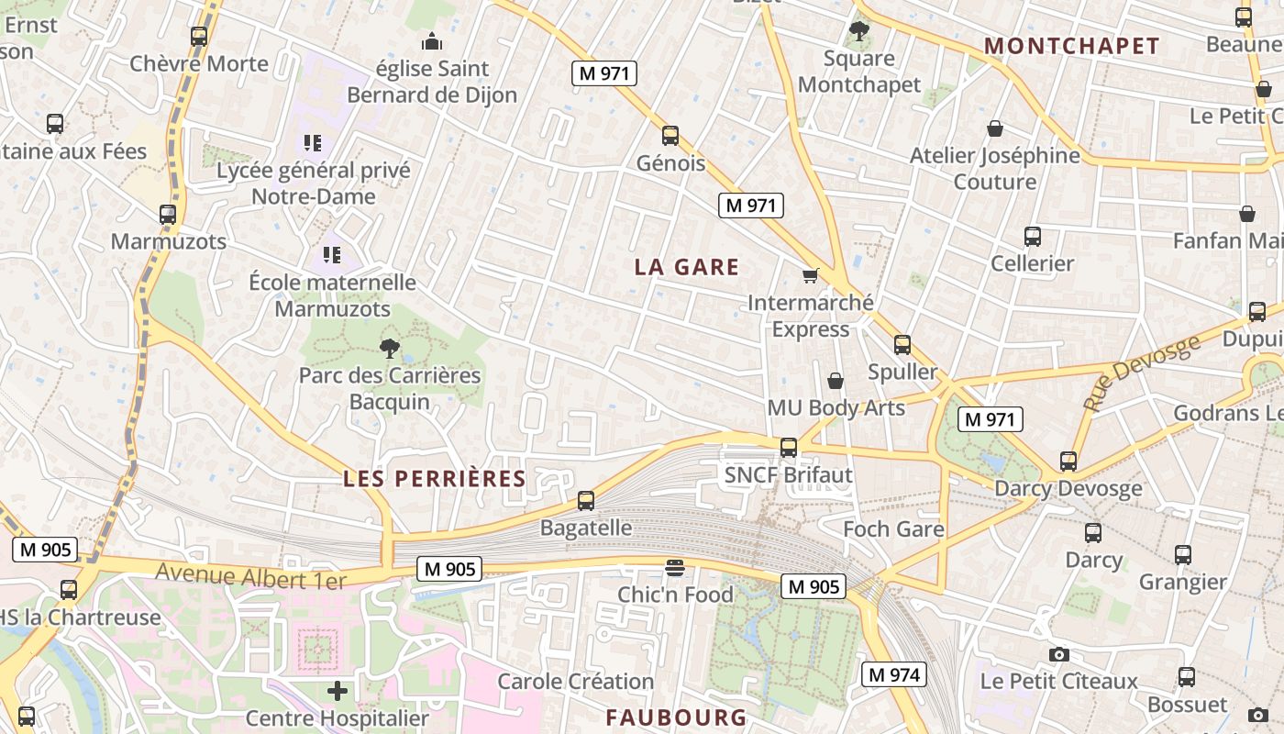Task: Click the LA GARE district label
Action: point(687,267)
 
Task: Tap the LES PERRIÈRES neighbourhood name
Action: point(434,478)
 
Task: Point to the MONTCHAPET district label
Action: point(1071,46)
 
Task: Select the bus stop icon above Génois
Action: point(670,136)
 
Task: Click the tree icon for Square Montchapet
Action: point(858,32)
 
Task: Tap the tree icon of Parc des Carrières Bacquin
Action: point(390,348)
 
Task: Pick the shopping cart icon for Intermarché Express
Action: point(810,275)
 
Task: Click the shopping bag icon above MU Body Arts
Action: point(836,380)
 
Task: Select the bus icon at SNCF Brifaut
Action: point(788,448)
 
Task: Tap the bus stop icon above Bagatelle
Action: point(586,501)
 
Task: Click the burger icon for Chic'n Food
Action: point(675,568)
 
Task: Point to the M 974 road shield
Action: point(894,675)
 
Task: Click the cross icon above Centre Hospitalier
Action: point(338,691)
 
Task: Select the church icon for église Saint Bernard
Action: point(431,41)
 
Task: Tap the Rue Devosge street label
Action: point(1142,373)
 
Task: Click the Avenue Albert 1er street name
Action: point(250,577)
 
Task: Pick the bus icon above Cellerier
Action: point(1032,237)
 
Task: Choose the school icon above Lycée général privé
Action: point(313,143)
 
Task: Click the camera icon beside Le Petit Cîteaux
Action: point(1059,654)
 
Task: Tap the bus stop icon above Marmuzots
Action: point(168,215)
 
